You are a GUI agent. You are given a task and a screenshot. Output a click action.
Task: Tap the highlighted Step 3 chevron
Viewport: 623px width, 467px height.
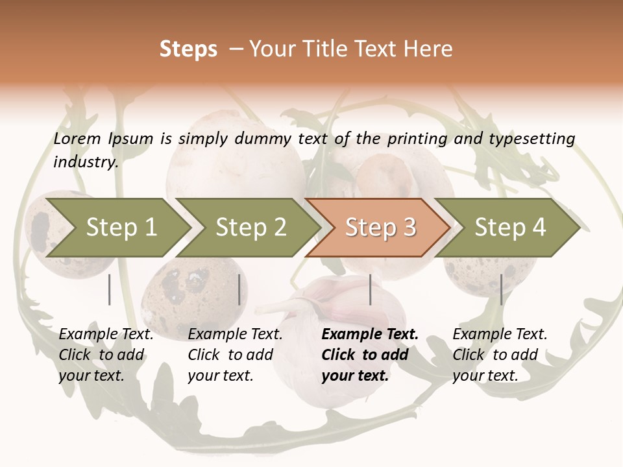(380, 228)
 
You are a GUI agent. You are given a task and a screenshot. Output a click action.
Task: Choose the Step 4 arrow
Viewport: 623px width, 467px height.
(510, 228)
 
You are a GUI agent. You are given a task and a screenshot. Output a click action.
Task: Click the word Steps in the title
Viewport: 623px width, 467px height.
(188, 49)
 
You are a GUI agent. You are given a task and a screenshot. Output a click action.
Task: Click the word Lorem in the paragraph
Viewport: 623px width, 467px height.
(77, 138)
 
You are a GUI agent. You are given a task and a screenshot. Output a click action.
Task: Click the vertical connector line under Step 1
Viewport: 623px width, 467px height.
(110, 289)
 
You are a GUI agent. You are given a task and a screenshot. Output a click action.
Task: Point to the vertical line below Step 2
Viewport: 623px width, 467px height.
(239, 289)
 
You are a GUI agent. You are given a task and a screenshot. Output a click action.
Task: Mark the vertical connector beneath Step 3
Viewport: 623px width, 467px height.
(370, 289)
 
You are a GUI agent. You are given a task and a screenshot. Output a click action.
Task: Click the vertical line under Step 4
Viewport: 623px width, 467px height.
(501, 289)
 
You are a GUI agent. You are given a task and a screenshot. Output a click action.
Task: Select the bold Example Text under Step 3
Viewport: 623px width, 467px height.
(370, 335)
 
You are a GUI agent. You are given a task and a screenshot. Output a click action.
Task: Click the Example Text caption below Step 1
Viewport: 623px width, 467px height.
(106, 335)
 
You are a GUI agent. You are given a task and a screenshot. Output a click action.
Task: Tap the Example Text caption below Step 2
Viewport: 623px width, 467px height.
(235, 335)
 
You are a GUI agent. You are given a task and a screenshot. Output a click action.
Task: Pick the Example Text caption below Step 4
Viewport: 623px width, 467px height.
(500, 335)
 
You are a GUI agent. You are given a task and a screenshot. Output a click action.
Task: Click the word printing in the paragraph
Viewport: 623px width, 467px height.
(417, 138)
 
